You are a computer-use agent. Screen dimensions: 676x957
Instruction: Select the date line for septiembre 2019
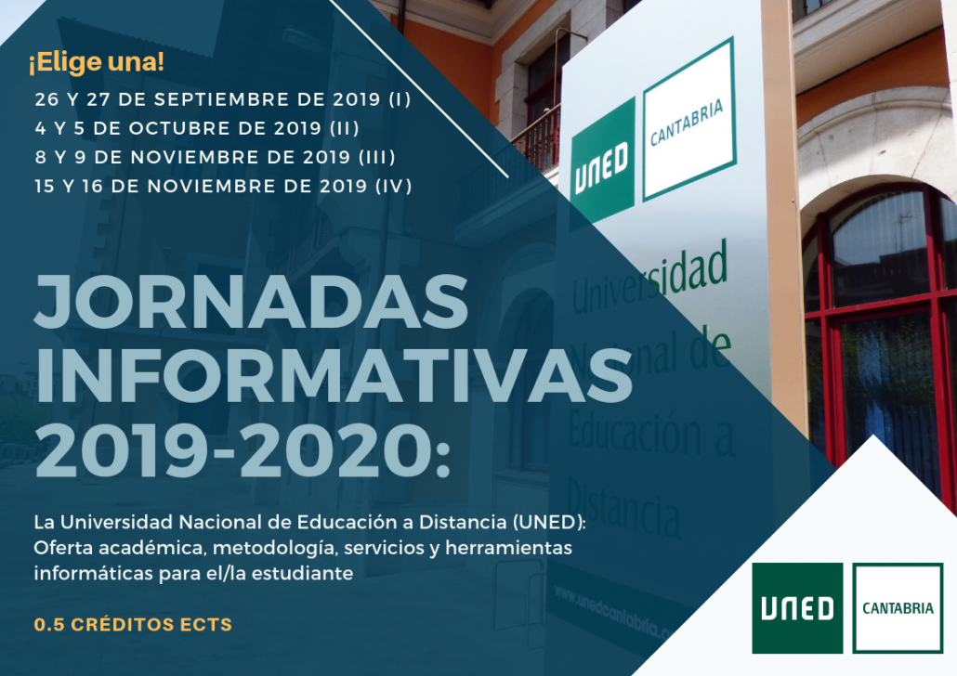223,98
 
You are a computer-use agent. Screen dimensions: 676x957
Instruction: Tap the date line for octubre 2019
197,128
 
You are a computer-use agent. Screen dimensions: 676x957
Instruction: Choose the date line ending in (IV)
223,187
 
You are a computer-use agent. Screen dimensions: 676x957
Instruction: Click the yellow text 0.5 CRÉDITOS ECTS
133,625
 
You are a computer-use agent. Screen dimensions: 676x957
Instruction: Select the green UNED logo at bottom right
797,607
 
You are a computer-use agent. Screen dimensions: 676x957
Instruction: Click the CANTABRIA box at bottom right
898,608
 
